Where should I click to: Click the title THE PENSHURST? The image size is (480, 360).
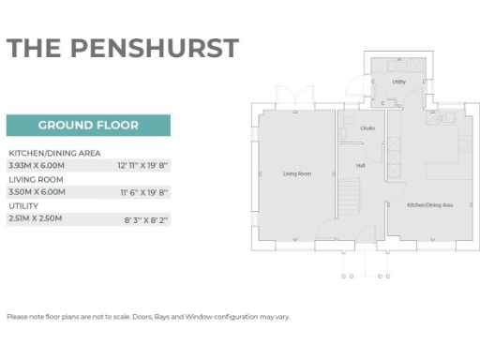[123, 49]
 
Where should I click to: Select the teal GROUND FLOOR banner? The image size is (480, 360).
[88, 125]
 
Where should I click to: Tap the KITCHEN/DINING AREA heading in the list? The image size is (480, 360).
[54, 152]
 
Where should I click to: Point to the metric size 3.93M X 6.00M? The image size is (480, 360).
[36, 165]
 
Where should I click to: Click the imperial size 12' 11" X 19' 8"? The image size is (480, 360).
[142, 165]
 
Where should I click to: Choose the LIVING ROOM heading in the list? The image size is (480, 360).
[36, 178]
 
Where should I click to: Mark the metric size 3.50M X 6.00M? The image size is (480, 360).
[36, 191]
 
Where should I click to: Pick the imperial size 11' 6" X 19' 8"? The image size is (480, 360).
[142, 191]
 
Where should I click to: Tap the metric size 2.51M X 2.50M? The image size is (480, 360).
[36, 218]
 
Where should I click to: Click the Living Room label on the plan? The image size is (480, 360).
[297, 174]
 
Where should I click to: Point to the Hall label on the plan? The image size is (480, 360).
[360, 166]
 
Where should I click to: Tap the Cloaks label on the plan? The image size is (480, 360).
[367, 128]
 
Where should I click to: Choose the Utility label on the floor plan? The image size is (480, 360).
[398, 82]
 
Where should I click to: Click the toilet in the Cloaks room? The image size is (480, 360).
[343, 134]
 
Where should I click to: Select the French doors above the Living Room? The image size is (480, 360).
[298, 99]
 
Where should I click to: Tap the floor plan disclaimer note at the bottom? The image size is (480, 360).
[148, 316]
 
